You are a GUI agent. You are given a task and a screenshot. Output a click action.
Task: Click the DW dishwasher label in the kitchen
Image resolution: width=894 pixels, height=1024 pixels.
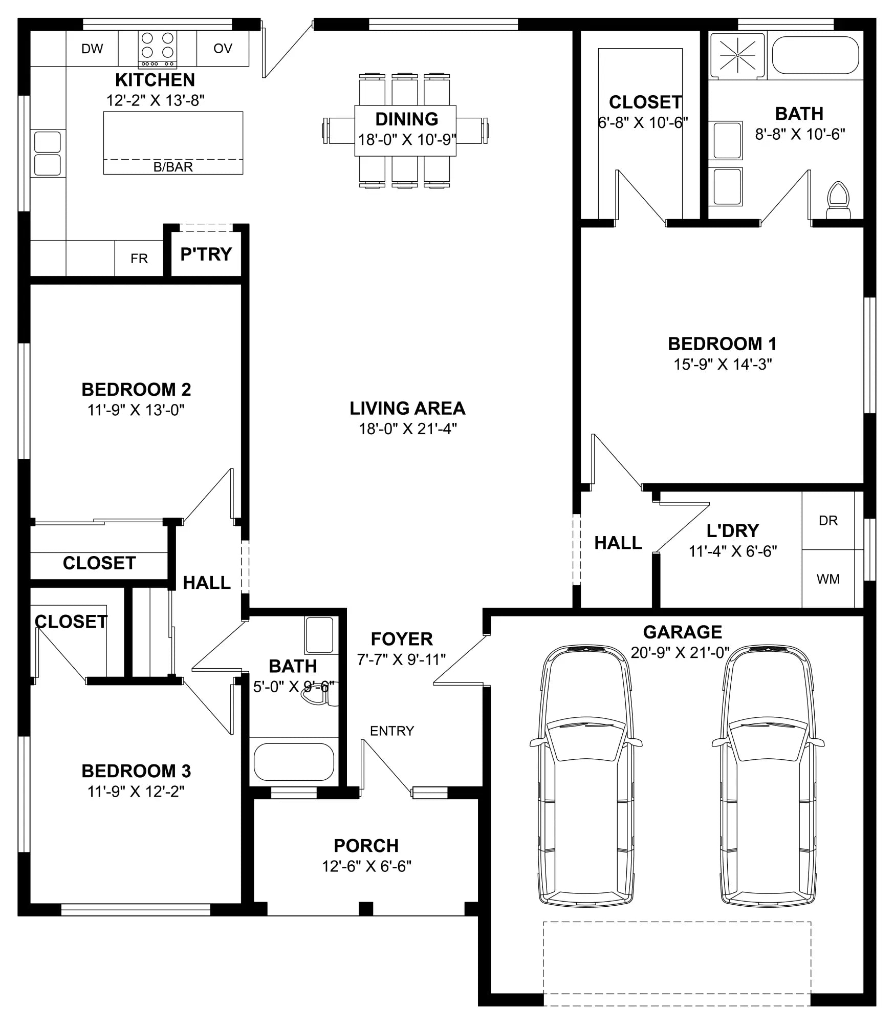92,49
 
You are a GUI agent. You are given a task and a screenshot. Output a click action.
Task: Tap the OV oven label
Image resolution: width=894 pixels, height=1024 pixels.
223,48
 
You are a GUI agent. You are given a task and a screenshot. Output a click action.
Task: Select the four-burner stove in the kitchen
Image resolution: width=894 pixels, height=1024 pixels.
158,50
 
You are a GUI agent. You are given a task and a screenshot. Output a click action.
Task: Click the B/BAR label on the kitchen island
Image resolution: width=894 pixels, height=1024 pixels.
173,167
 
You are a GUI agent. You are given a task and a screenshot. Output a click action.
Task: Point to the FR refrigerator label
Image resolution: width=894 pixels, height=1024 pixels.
139,259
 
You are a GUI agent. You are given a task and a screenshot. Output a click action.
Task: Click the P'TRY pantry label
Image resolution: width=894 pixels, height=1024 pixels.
206,254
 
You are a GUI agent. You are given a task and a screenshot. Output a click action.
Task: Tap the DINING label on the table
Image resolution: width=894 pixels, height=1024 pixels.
407,119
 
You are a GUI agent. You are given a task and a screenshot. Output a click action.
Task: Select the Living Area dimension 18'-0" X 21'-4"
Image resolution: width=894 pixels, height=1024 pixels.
408,429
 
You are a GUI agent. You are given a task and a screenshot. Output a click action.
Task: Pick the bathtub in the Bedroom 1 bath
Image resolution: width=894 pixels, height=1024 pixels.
815,55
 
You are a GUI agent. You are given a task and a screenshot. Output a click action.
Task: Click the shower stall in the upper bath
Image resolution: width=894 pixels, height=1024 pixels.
737,55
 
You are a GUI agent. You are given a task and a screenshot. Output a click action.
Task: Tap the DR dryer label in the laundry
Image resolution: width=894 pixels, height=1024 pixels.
828,521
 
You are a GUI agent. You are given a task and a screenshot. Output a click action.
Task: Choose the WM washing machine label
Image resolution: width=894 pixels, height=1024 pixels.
828,579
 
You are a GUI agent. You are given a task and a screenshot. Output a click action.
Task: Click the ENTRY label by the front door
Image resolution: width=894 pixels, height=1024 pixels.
392,731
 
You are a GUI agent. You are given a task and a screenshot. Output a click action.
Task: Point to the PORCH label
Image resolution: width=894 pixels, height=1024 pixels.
366,845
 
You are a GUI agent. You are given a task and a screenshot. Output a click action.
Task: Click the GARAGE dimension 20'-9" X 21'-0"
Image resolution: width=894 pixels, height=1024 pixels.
680,652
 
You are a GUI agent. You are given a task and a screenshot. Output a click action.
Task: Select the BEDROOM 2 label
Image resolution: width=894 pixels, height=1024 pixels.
136,390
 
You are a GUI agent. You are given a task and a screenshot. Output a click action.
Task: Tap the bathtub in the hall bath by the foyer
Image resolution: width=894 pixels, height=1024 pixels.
294,762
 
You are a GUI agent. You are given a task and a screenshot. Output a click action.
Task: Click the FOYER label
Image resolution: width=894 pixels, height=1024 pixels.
402,639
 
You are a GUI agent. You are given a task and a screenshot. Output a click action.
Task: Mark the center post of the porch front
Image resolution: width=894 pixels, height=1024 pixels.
366,909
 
